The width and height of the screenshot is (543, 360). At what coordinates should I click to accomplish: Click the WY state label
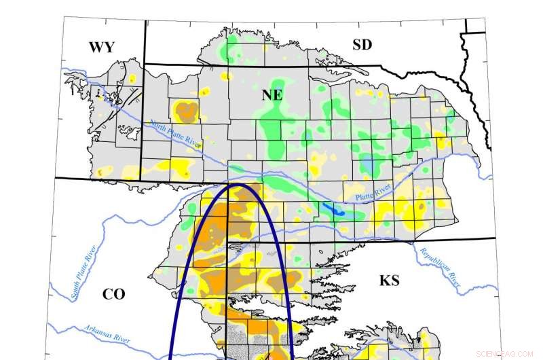click(x=101, y=47)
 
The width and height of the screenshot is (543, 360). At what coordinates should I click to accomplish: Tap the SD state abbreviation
click(x=363, y=45)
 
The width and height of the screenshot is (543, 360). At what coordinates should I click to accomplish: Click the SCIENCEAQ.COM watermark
click(x=506, y=353)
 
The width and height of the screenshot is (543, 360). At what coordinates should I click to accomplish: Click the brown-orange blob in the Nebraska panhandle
click(x=185, y=109)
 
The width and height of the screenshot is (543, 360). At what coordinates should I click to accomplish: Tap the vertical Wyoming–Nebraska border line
click(x=145, y=122)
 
